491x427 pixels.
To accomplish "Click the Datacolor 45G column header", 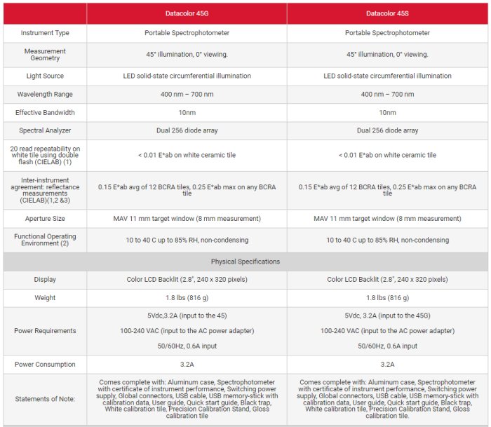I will coord(187,13).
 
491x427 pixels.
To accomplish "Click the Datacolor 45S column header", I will coord(387,13).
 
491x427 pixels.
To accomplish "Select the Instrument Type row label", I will coord(45,33).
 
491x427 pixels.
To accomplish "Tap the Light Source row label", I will coord(45,76).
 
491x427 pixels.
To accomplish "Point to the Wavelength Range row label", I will coord(45,94).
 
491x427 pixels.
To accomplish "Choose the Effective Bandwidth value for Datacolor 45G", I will coord(187,112).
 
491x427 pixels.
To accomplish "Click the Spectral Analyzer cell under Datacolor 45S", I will coord(387,130).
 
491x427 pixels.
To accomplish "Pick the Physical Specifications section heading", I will coord(245,262).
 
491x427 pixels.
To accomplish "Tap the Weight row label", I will coord(45,298).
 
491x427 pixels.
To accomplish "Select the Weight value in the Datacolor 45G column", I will coord(187,298).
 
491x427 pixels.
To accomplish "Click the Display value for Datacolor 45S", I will coord(387,279).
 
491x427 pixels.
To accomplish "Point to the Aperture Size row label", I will coord(45,219).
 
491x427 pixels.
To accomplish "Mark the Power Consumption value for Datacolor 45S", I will coord(387,365).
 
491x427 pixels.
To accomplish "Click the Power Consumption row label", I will coord(45,365).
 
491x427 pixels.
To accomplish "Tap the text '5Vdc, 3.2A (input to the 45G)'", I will coord(387,315).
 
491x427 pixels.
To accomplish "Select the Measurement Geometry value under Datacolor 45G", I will coord(187,55).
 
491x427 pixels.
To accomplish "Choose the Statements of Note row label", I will coord(45,399).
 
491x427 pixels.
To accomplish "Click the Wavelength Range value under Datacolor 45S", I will coord(387,94).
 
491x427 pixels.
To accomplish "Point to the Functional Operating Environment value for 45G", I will coord(187,240).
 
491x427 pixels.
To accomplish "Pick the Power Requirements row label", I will coord(45,331).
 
